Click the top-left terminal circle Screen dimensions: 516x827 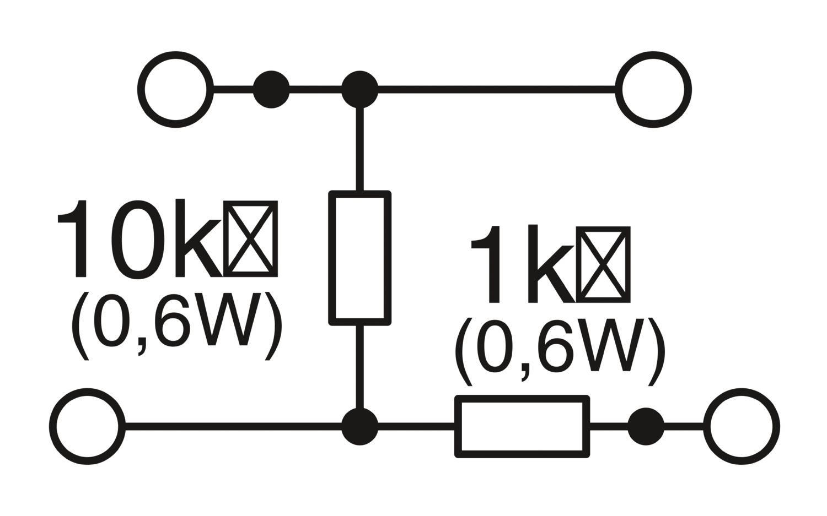pos(175,90)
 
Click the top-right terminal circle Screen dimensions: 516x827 pos(653,90)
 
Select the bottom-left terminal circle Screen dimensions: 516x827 pos(87,427)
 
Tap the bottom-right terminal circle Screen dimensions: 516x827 pos(742,427)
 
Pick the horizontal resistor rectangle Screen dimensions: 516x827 pos(522,426)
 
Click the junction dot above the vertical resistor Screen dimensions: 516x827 pos(360,89)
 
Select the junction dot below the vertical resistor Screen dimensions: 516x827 pos(360,427)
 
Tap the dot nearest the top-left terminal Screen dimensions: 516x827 pos(271,89)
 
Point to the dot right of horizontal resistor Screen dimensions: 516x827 pos(646,426)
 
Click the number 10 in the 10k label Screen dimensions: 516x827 pos(110,240)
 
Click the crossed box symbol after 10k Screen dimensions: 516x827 pos(251,239)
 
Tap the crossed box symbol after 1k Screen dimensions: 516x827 pos(604,265)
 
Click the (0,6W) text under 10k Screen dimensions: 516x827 pos(176,326)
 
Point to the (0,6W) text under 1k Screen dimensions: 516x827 pos(560,351)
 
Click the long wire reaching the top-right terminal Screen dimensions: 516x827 pos(496,89)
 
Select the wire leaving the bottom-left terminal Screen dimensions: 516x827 pos(232,427)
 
